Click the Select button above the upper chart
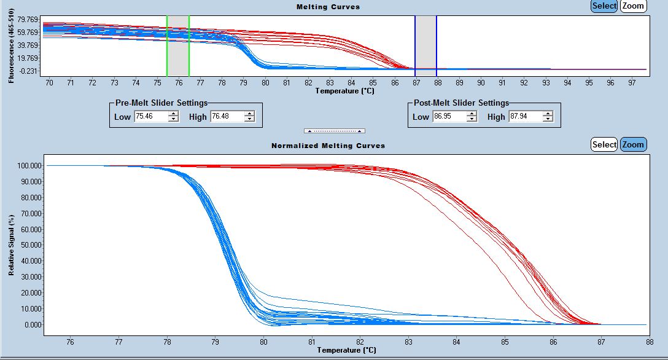(604, 6)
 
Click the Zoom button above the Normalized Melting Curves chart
(633, 145)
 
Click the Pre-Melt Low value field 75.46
(151, 117)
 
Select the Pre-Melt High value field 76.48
(227, 117)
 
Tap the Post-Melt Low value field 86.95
(449, 117)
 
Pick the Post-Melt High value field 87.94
(525, 117)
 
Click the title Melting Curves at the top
(328, 7)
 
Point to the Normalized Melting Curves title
(328, 146)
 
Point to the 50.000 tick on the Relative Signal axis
(31, 245)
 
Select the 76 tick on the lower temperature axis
(69, 342)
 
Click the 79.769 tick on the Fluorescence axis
(28, 20)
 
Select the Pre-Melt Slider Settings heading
(161, 103)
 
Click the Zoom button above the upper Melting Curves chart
(633, 6)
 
